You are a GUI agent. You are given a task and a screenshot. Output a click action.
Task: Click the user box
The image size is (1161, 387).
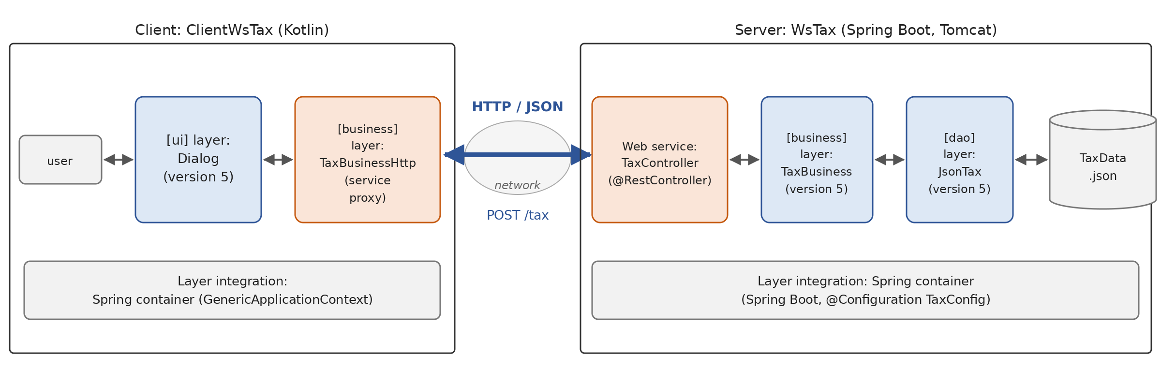pyautogui.click(x=60, y=160)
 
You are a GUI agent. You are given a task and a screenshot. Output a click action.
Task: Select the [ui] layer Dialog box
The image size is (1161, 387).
pyautogui.click(x=198, y=160)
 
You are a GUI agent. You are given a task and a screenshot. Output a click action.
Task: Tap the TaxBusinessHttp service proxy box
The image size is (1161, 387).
pyautogui.click(x=368, y=160)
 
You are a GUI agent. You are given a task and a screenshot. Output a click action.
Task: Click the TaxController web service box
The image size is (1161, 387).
pyautogui.click(x=660, y=160)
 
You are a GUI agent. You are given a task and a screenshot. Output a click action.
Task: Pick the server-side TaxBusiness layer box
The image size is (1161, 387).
pyautogui.click(x=817, y=160)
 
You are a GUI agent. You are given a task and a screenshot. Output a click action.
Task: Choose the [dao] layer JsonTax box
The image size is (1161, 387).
pyautogui.click(x=960, y=160)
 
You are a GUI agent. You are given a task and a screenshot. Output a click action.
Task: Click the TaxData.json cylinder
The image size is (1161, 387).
pyautogui.click(x=1103, y=160)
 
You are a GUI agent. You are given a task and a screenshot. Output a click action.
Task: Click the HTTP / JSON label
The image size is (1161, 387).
pyautogui.click(x=518, y=106)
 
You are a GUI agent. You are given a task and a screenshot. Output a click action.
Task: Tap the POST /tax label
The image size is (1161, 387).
pyautogui.click(x=518, y=215)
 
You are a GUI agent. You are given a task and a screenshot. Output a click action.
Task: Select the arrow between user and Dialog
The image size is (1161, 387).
pyautogui.click(x=119, y=160)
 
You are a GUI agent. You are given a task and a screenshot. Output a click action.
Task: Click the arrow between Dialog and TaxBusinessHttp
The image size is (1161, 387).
pyautogui.click(x=278, y=160)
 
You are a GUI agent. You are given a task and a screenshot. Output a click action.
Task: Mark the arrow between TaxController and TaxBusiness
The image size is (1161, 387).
pyautogui.click(x=744, y=160)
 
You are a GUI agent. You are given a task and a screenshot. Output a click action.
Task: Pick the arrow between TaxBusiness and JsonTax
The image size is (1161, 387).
pyautogui.click(x=890, y=160)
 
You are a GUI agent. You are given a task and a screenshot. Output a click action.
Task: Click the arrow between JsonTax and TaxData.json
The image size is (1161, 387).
pyautogui.click(x=1031, y=160)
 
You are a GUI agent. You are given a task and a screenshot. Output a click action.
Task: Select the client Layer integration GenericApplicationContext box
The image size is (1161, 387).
pyautogui.click(x=232, y=290)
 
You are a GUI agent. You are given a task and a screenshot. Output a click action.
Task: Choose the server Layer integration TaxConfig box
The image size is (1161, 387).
pyautogui.click(x=865, y=290)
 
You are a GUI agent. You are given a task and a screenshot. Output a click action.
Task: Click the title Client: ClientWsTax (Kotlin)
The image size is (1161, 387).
pyautogui.click(x=232, y=30)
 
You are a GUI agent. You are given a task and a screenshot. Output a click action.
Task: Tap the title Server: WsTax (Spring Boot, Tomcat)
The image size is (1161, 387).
pyautogui.click(x=866, y=30)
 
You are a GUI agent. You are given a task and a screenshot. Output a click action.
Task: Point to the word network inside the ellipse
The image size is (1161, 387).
pyautogui.click(x=517, y=185)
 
